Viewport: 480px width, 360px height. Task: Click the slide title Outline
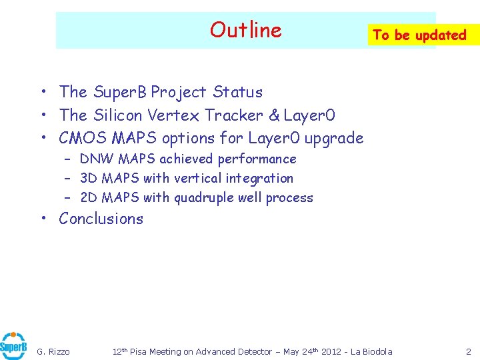245,30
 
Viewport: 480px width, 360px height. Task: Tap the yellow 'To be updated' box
419,35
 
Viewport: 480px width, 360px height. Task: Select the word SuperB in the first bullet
120,92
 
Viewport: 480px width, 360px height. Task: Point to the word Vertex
173,115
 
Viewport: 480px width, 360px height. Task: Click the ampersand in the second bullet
274,115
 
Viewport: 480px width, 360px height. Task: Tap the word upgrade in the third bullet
334,139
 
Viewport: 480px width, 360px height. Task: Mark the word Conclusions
101,219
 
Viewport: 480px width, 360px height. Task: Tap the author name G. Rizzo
53,351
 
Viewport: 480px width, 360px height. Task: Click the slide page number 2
468,351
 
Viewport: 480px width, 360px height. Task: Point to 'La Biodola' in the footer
371,351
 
